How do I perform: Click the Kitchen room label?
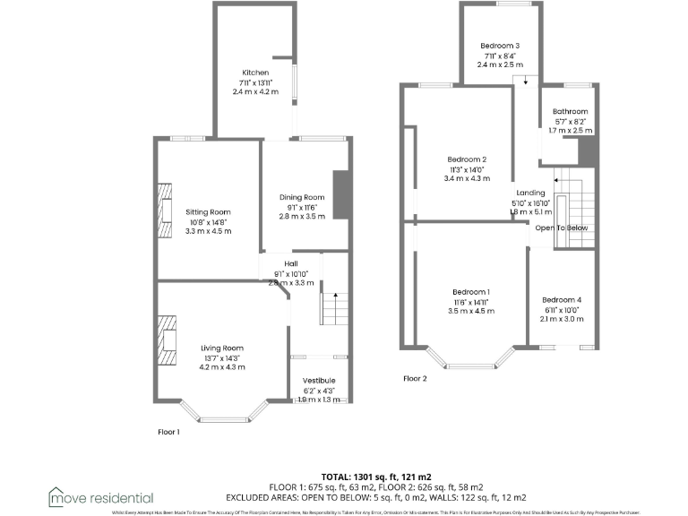(255, 73)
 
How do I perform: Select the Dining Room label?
(301, 197)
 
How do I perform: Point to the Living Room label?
(222, 348)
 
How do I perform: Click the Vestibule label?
(318, 381)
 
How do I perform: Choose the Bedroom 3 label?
(500, 46)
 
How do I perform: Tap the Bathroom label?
(570, 112)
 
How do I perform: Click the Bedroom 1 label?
(470, 292)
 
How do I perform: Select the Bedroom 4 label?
(561, 300)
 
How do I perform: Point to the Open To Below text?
(562, 228)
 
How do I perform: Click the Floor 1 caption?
(168, 431)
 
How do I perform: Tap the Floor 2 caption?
(415, 378)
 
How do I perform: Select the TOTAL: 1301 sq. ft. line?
(376, 477)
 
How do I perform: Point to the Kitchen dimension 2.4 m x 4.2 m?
(255, 91)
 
